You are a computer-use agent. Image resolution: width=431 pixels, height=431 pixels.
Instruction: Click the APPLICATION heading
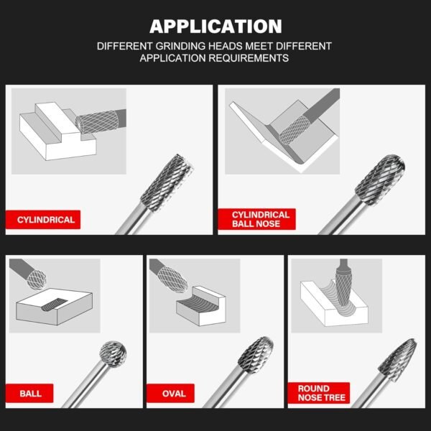pos(215,27)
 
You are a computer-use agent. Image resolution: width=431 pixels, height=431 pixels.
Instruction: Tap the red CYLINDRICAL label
pos(43,220)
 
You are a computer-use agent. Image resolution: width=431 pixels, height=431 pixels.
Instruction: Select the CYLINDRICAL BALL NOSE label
pos(256,219)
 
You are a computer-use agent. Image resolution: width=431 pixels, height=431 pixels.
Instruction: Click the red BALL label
pos(29,394)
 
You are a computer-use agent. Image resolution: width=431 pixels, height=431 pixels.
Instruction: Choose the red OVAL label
pos(170,394)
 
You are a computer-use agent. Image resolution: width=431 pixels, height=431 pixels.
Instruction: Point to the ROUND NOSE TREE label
pos(319,393)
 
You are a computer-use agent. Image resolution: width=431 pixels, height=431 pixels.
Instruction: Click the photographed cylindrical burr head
pos(167,182)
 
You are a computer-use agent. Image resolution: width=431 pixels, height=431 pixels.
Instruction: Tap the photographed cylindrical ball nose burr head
pos(380,180)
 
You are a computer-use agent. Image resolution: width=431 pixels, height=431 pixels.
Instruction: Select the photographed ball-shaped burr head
pos(113,354)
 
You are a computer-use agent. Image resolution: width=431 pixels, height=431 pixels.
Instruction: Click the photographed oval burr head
pos(256,355)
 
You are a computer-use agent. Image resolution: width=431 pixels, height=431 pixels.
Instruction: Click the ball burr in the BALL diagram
pos(37,279)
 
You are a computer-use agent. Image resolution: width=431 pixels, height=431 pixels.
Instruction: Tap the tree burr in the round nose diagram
pos(343,289)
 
